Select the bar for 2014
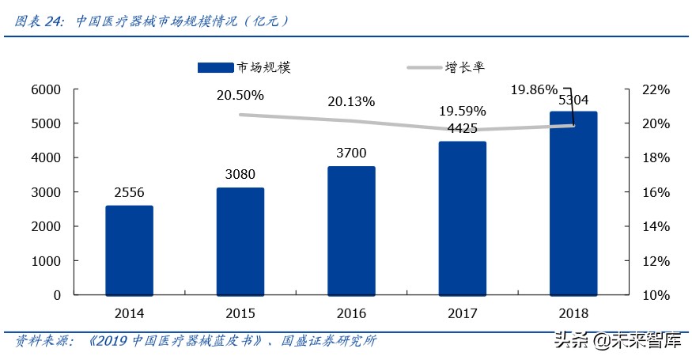click(x=129, y=250)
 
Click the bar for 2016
click(x=352, y=230)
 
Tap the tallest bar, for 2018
click(x=574, y=203)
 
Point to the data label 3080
click(x=240, y=174)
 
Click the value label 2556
click(x=129, y=192)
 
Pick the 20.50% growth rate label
click(x=240, y=96)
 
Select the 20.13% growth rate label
click(x=352, y=102)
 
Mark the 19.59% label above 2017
click(x=463, y=111)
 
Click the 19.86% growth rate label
click(x=534, y=89)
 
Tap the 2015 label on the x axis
click(x=240, y=313)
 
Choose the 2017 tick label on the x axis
click(x=463, y=313)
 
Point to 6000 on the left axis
click(x=46, y=90)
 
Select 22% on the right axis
click(x=655, y=90)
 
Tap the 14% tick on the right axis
click(x=655, y=226)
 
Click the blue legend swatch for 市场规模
click(x=216, y=68)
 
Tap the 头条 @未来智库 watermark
click(x=619, y=341)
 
